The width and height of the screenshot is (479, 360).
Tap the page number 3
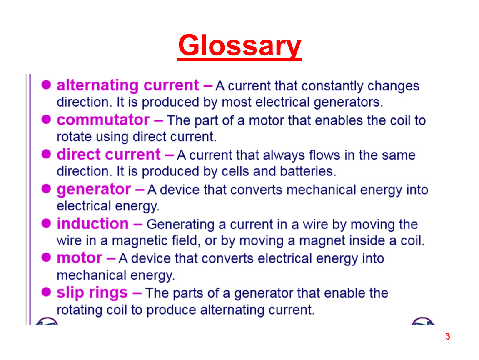[447, 337]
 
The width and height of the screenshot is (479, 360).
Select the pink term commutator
[103, 120]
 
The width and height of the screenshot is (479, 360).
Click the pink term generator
[94, 190]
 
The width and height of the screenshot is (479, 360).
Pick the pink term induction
[92, 223]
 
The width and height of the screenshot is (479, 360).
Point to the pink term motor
[80, 258]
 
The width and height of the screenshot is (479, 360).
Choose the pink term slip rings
[92, 293]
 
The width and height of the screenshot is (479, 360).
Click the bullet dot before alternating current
[46, 85]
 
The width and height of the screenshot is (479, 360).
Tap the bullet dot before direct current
[46, 154]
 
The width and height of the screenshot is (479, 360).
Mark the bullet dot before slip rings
[46, 292]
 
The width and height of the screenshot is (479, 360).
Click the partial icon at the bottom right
[423, 321]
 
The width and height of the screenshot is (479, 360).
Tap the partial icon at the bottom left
[46, 321]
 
